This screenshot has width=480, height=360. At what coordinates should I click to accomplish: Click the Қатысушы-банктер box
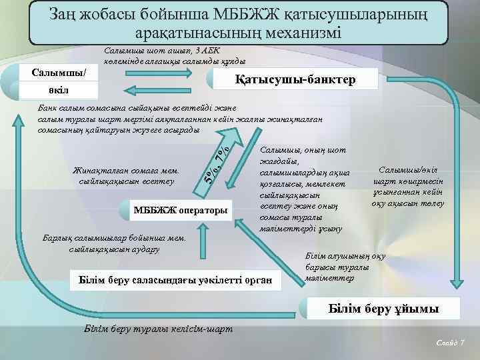296,81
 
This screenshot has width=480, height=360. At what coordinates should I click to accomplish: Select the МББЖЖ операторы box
181,211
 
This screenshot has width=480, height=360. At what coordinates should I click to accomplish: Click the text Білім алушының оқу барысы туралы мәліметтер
336,267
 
